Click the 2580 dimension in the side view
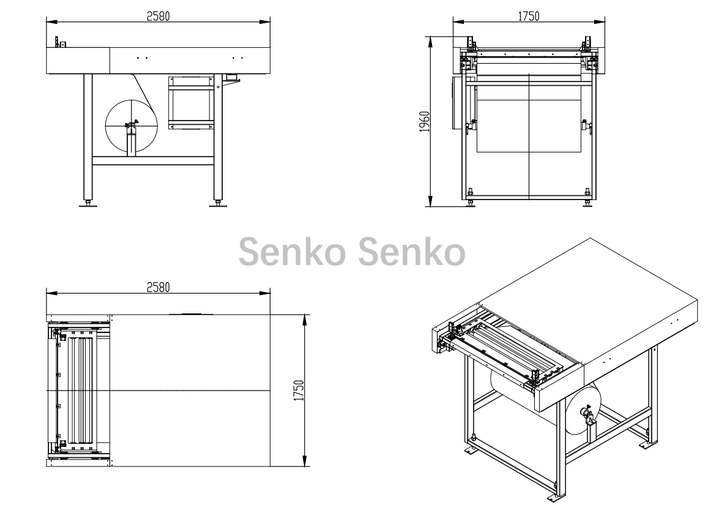pos(158,16)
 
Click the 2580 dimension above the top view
pos(158,288)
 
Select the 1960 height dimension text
pos(425,122)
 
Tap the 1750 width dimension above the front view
pos(529,16)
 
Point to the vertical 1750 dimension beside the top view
pos(299,391)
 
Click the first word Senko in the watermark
pos(292,252)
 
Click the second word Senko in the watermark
pos(411,252)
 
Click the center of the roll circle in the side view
pos(131,124)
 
